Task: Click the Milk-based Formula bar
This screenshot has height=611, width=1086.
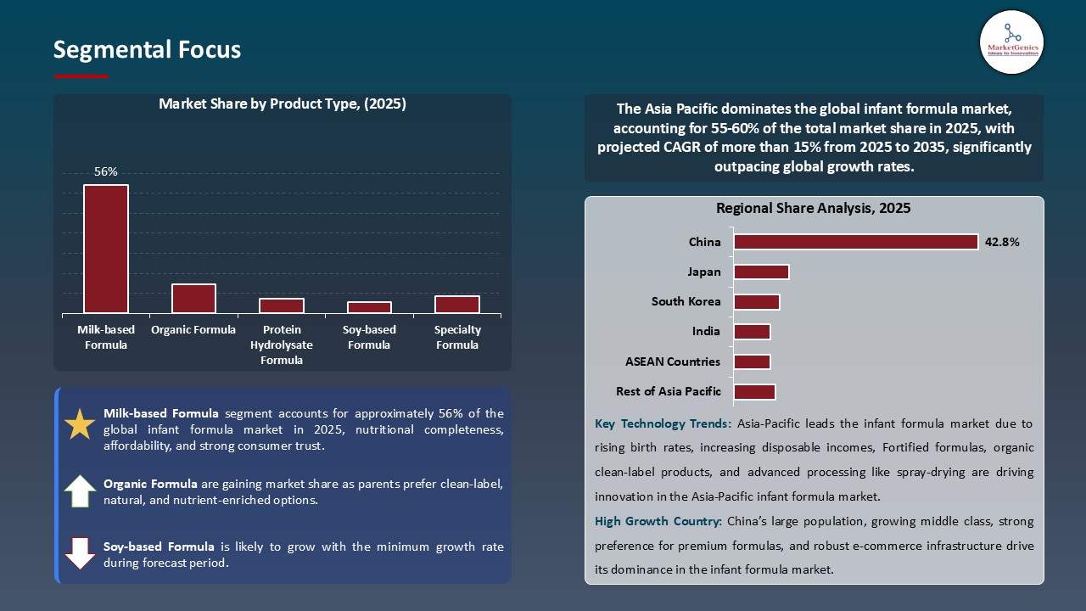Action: point(106,249)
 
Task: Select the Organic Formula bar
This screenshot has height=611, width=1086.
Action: point(193,299)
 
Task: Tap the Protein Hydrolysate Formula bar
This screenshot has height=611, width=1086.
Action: point(282,305)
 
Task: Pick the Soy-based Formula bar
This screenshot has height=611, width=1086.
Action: point(369,307)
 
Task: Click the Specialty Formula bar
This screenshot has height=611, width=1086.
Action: point(457,305)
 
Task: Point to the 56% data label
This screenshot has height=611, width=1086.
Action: point(106,171)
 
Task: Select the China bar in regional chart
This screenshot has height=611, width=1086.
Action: point(855,242)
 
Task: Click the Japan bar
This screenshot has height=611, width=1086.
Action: point(761,272)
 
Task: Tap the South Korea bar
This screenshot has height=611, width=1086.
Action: point(756,302)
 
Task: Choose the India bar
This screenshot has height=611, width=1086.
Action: point(752,332)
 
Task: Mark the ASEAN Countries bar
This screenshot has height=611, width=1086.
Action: point(752,362)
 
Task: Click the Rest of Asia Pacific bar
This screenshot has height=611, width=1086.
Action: point(754,391)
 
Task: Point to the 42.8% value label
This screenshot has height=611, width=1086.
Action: point(1002,242)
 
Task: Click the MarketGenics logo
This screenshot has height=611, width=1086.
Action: point(1011,42)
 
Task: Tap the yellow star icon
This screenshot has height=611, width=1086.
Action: point(80,423)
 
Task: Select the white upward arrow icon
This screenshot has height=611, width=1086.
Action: point(80,491)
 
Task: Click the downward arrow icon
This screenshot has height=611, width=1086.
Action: point(80,552)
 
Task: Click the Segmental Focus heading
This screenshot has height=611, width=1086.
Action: point(147,50)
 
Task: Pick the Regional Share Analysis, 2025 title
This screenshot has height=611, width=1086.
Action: point(813,208)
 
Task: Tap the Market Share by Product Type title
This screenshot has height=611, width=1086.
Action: point(283,104)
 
